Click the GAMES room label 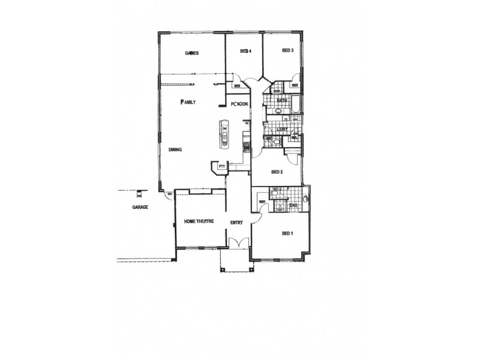191,53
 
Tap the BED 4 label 245,52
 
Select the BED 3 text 287,51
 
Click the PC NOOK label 239,104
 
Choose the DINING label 175,150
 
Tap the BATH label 290,100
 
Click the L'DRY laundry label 284,129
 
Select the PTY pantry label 221,166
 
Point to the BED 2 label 277,172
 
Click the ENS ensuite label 293,206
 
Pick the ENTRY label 236,223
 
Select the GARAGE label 140,207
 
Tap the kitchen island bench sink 225,142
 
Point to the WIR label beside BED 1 262,202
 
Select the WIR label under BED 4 238,86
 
